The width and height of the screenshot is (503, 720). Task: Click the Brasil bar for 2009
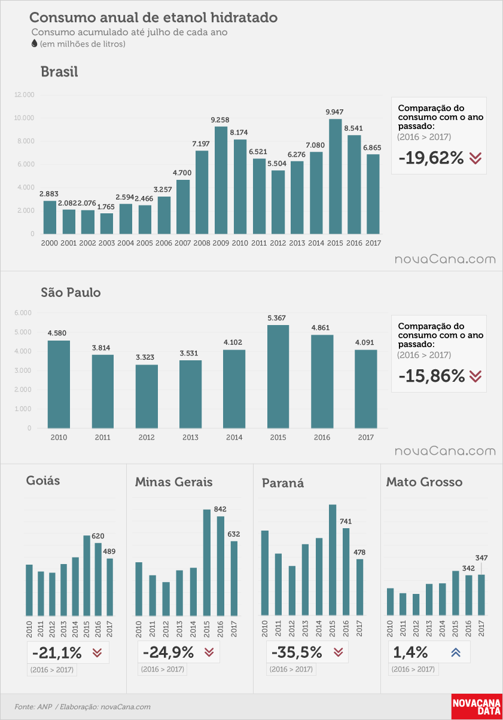221,180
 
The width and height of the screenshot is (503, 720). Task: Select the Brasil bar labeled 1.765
106,223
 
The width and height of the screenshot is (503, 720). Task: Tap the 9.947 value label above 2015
334,112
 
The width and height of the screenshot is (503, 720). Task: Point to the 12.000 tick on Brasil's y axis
24,95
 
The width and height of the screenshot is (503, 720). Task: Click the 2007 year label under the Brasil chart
182,243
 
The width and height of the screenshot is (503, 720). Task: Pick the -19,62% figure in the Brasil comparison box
431,158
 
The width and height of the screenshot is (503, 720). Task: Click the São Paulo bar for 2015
278,376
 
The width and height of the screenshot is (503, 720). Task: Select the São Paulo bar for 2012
147,396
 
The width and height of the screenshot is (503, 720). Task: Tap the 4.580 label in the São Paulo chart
57,333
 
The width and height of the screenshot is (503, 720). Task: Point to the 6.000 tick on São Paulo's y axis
23,312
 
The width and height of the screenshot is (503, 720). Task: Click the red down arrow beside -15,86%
475,376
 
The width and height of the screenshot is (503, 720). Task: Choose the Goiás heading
43,480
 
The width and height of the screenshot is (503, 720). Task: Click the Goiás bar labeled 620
98,579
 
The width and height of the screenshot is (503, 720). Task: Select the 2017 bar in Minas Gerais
234,578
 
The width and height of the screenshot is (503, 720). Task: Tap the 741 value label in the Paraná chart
346,522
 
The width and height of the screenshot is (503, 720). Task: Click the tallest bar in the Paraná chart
333,560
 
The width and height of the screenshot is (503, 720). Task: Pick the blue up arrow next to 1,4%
456,652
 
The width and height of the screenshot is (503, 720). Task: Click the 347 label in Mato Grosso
481,557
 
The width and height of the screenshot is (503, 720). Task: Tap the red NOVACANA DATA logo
477,706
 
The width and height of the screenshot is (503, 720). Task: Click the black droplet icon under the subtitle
35,44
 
